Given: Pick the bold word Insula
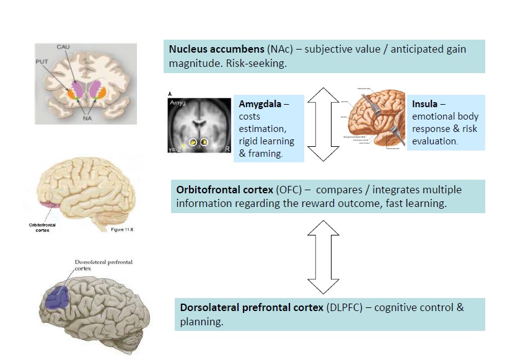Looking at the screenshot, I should pyautogui.click(x=427, y=104).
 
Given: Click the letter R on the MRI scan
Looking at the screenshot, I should pyautogui.click(x=226, y=148).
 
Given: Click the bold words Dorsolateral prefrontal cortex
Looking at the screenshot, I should pyautogui.click(x=251, y=307).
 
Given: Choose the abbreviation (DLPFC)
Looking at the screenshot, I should pyautogui.click(x=343, y=307).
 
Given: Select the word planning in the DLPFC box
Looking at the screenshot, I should pyautogui.click(x=201, y=322).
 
